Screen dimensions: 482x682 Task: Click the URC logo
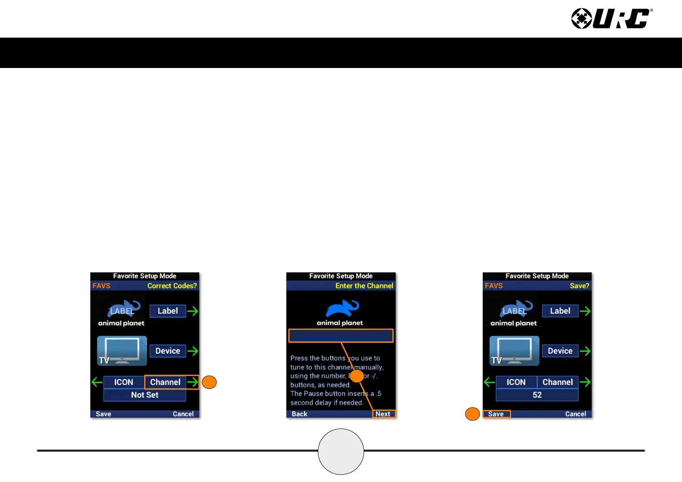pos(612,19)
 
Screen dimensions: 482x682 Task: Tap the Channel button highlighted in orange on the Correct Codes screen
pos(165,382)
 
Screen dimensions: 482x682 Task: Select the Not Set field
pos(145,395)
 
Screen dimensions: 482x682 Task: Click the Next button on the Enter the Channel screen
pos(383,414)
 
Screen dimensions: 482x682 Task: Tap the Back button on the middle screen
pos(299,414)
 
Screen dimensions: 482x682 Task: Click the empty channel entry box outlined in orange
pos(341,335)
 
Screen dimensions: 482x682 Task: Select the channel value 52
pos(537,395)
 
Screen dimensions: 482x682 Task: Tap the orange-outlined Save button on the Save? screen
pos(496,414)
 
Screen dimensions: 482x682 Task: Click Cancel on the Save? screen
pos(575,414)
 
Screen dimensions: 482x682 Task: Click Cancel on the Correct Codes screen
pos(183,414)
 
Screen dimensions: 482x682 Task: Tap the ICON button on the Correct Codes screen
pos(124,382)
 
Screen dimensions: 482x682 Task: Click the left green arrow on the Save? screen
pos(489,382)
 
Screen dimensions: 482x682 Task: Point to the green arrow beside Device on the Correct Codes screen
pos(193,351)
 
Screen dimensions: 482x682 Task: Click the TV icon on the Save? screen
pos(514,350)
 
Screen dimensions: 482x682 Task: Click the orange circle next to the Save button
pos(473,414)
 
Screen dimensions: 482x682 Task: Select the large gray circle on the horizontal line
pos(341,451)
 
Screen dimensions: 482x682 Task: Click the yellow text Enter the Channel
pos(364,286)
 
